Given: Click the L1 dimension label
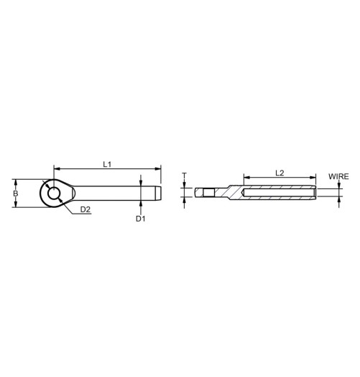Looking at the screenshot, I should click(x=106, y=164).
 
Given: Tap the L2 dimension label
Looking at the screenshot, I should click(x=280, y=173).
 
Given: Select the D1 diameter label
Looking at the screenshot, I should click(x=141, y=219).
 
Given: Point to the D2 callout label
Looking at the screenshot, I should click(x=85, y=209).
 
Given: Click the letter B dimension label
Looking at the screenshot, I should click(x=16, y=194).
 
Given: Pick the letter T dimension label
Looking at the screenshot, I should click(x=185, y=175).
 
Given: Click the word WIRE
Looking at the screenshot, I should click(x=338, y=176).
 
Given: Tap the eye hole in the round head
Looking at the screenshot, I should click(x=55, y=194).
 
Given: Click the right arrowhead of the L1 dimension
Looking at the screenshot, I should click(x=158, y=170).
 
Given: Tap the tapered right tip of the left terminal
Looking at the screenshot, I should click(x=157, y=194).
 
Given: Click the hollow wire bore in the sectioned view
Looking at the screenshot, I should click(x=280, y=194).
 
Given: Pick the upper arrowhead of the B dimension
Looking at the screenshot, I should click(x=16, y=181).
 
